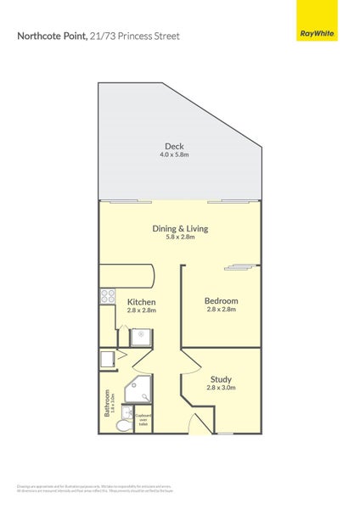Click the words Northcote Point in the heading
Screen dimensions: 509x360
[x=51, y=36]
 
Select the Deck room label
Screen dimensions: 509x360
[x=174, y=147]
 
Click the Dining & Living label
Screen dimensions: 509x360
[x=180, y=228]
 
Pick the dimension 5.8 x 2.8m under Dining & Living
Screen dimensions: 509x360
[x=180, y=237]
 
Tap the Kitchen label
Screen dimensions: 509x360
[x=141, y=301]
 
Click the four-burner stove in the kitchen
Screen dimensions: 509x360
[x=108, y=296]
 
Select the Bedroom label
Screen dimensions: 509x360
[x=221, y=300]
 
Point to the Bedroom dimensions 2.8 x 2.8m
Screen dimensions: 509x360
[x=221, y=310]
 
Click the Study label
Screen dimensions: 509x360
[x=221, y=378]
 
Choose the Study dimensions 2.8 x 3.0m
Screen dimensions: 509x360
[x=221, y=388]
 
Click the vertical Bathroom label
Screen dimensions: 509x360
[x=109, y=403]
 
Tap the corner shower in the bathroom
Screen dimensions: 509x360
[x=138, y=390]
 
